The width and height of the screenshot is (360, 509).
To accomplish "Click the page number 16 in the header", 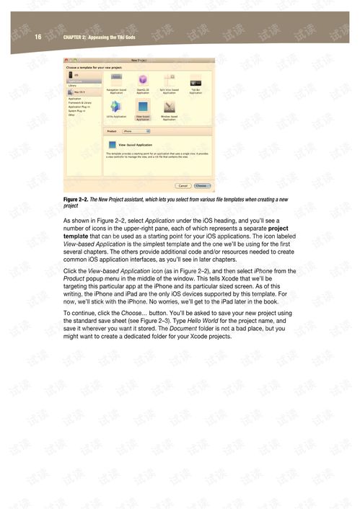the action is (38, 36).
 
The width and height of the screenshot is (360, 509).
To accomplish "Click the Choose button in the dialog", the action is (203, 185).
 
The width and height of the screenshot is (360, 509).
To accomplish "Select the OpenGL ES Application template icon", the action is (143, 81).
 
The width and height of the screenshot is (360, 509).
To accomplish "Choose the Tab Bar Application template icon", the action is (196, 81).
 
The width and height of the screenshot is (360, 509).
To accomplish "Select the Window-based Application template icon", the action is (169, 107).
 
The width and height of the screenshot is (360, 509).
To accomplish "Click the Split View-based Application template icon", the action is (169, 81).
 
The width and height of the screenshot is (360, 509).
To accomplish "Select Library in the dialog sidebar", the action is (73, 85).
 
